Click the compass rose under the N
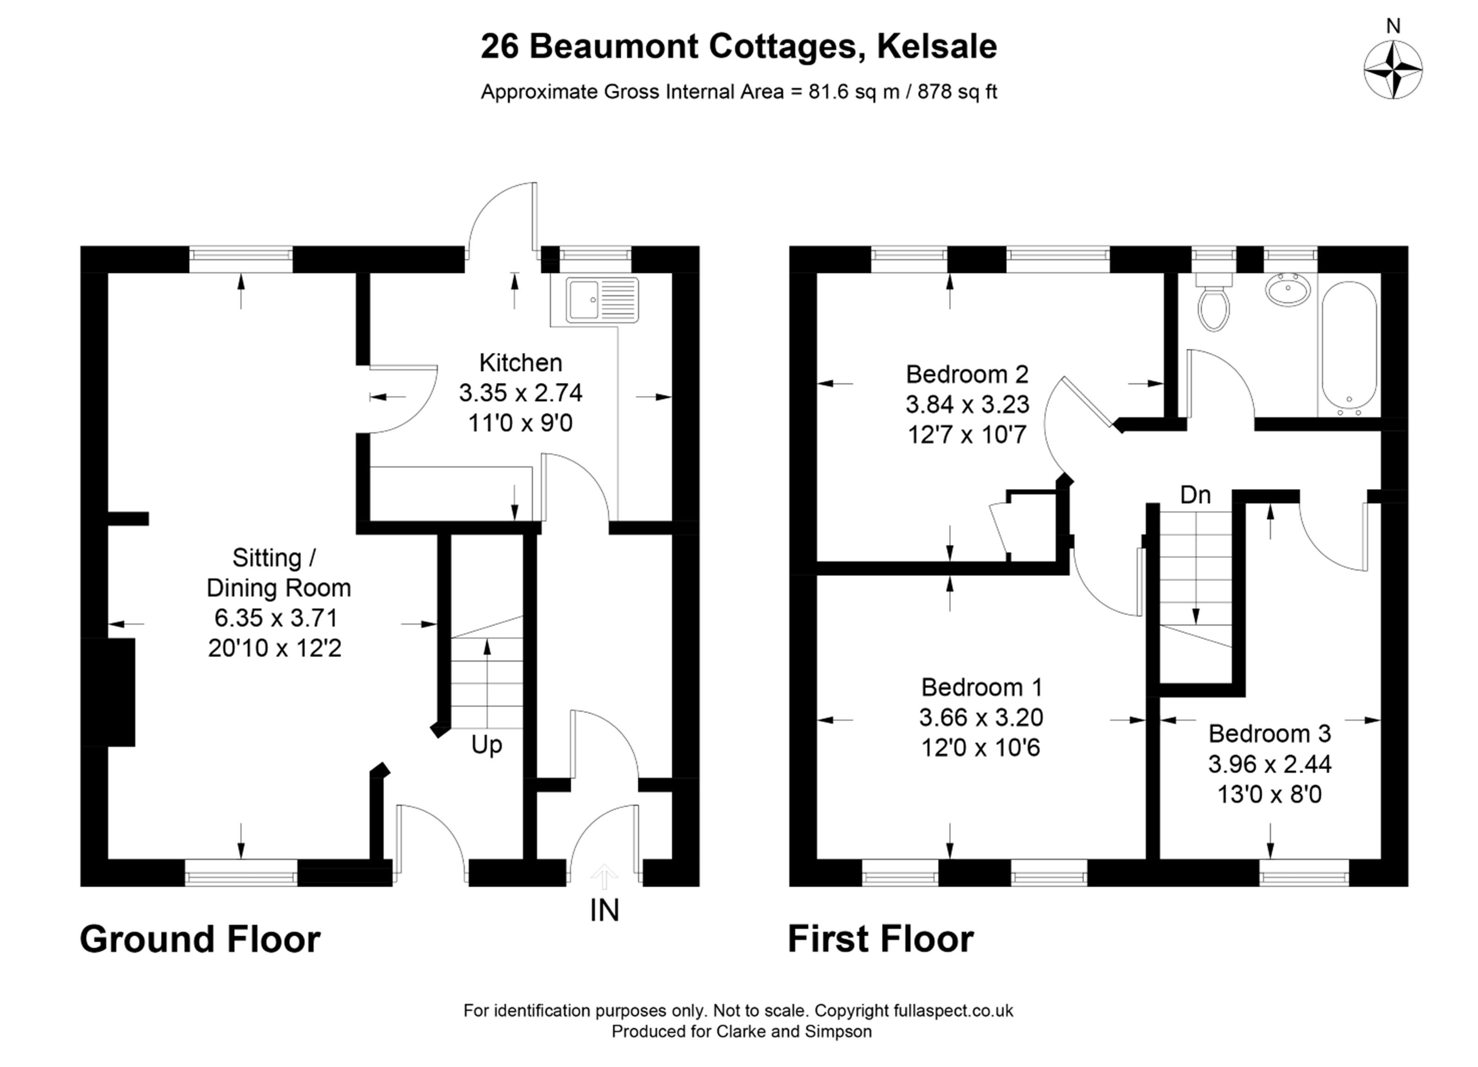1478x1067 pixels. click(x=1393, y=70)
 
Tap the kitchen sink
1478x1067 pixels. click(x=602, y=300)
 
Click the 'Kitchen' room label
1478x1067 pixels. click(x=520, y=362)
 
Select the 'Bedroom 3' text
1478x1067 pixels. click(x=1269, y=734)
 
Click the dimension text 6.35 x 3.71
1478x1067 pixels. click(x=276, y=617)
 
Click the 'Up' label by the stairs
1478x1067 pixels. click(x=487, y=745)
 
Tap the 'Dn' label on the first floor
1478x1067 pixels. click(x=1195, y=495)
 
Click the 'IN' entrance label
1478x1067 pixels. click(x=604, y=910)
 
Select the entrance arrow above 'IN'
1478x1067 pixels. click(x=604, y=876)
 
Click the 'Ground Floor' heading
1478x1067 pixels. click(x=200, y=939)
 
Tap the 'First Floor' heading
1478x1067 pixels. click(x=881, y=939)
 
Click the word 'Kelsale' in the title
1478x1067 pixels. click(x=937, y=46)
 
